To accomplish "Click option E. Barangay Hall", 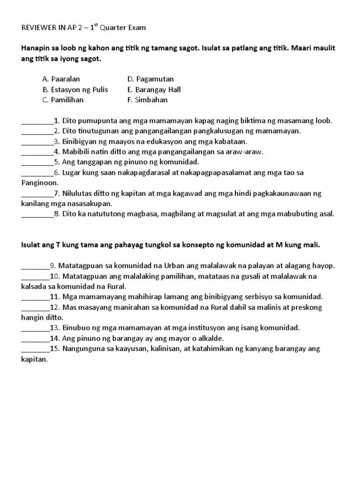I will (x=154, y=90).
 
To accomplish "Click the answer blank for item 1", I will (x=37, y=121).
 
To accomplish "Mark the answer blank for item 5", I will (x=37, y=163).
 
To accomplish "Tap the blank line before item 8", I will (x=37, y=214).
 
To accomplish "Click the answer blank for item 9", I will (x=35, y=266).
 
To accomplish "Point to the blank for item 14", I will (x=35, y=338).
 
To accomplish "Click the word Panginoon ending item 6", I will (x=40, y=183).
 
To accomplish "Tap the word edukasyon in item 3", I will (x=148, y=142).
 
